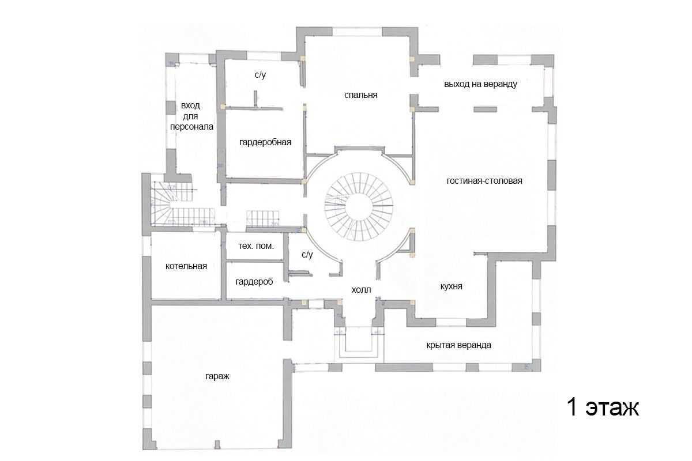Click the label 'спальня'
pos(361,95)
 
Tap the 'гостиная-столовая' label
pos(484,181)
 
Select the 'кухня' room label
pos(451,286)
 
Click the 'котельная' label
pos(186,266)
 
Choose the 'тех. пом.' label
pos(256,246)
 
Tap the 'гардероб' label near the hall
pos(254,282)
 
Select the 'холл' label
pos(362,290)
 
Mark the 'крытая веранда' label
pos(459,345)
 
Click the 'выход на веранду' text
pos(480,84)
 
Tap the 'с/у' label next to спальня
pos(259,75)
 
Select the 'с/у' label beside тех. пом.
pos(307,255)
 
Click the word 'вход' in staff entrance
pos(191,106)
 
